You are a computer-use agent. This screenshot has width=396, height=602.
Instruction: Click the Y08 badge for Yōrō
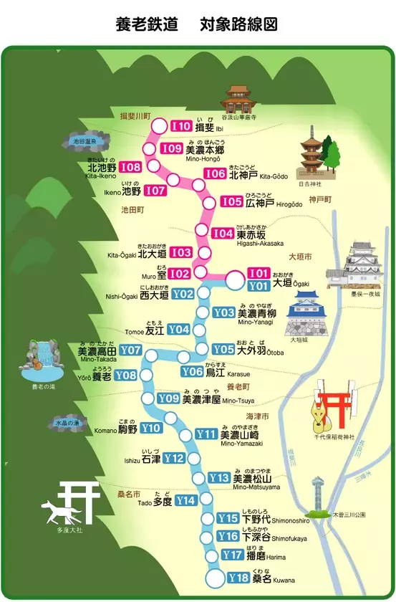click(x=126, y=375)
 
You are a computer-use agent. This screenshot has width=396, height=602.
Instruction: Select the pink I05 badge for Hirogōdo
click(x=231, y=202)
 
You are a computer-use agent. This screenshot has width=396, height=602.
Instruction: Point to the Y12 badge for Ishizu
click(x=175, y=458)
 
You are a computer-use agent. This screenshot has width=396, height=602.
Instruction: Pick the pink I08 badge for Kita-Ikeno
click(x=131, y=167)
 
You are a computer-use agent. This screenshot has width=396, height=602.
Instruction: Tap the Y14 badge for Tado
click(x=185, y=500)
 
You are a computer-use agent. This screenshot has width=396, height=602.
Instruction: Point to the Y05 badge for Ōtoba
click(x=223, y=349)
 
